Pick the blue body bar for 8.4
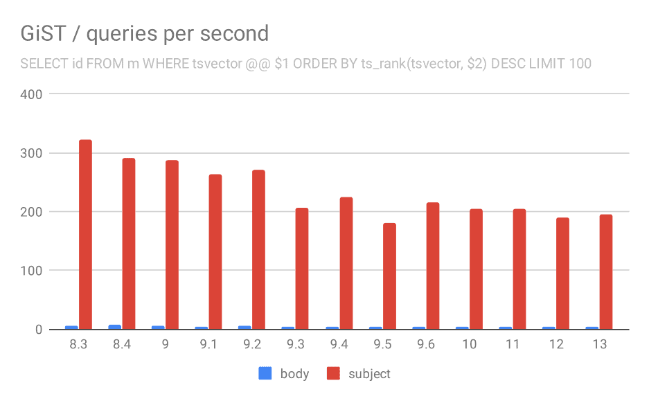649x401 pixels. pos(115,327)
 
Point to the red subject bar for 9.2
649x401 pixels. pos(258,249)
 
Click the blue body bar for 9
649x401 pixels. pos(158,328)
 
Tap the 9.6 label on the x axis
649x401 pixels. pos(426,345)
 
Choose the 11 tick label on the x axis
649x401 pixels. pos(513,345)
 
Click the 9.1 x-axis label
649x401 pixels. pos(208,345)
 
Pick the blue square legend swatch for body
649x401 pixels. pos(265,373)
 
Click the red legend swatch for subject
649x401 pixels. pos(334,373)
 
